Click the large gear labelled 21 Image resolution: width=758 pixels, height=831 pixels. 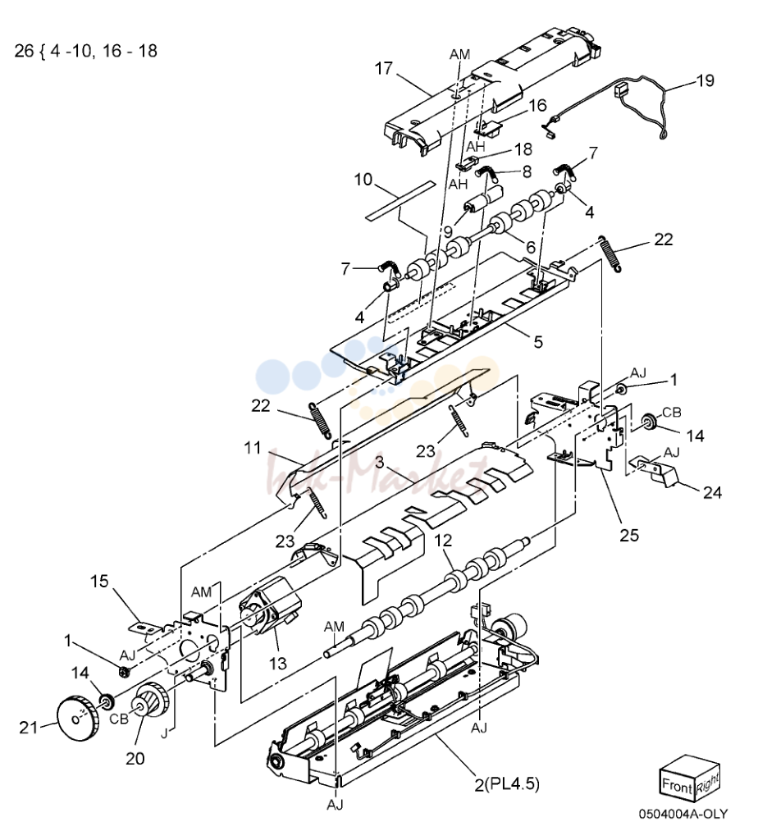pyautogui.click(x=77, y=718)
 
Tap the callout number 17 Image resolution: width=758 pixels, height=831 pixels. pyautogui.click(x=383, y=68)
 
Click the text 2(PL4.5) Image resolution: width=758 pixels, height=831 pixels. pyautogui.click(x=506, y=783)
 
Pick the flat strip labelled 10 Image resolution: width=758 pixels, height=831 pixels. pyautogui.click(x=400, y=200)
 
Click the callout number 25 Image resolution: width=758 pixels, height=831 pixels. pyautogui.click(x=629, y=536)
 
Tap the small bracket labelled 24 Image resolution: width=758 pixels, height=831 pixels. pyautogui.click(x=655, y=472)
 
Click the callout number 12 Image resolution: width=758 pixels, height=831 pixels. pyautogui.click(x=443, y=540)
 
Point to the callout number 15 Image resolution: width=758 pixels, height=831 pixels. pyautogui.click(x=99, y=581)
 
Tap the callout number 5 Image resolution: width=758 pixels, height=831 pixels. pyautogui.click(x=538, y=342)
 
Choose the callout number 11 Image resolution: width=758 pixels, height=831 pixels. pyautogui.click(x=253, y=448)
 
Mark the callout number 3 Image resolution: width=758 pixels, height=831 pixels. pyautogui.click(x=379, y=462)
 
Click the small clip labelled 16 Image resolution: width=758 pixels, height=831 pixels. pyautogui.click(x=490, y=127)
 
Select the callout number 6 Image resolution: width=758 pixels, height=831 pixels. pyautogui.click(x=531, y=246)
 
